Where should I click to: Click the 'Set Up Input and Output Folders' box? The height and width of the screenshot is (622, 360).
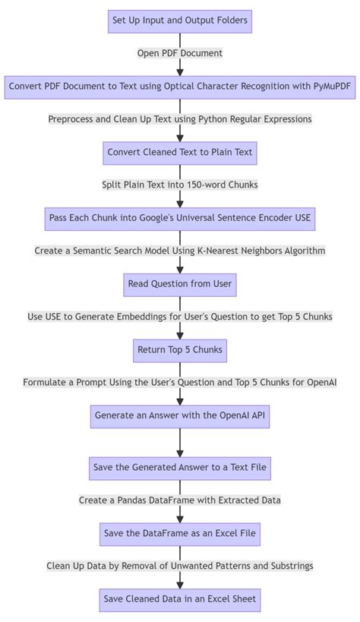click(179, 21)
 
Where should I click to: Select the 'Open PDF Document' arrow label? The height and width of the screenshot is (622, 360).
click(179, 53)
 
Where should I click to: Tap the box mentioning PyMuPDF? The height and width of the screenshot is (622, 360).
click(179, 87)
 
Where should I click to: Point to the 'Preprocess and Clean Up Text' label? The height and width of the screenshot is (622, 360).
click(179, 119)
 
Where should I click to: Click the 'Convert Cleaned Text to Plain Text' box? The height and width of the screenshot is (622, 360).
click(179, 153)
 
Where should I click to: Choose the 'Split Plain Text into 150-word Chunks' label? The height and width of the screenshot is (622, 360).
click(179, 185)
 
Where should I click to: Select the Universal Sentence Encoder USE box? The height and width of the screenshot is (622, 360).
click(179, 218)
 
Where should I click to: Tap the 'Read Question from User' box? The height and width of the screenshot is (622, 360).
click(179, 284)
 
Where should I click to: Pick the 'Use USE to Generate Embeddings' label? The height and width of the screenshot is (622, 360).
click(179, 317)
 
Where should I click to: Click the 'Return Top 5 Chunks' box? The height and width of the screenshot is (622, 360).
click(179, 350)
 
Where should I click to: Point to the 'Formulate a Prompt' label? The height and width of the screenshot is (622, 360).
click(179, 383)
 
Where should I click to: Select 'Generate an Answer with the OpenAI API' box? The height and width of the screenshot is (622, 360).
click(179, 416)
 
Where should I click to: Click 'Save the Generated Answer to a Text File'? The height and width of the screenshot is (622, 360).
click(179, 467)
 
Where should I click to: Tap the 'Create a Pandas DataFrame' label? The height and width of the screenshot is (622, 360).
click(179, 500)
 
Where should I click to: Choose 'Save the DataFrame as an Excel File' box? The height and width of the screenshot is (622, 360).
click(179, 534)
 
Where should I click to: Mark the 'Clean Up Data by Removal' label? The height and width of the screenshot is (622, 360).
click(179, 566)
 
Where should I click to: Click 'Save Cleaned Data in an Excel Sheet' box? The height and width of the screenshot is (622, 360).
click(179, 599)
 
